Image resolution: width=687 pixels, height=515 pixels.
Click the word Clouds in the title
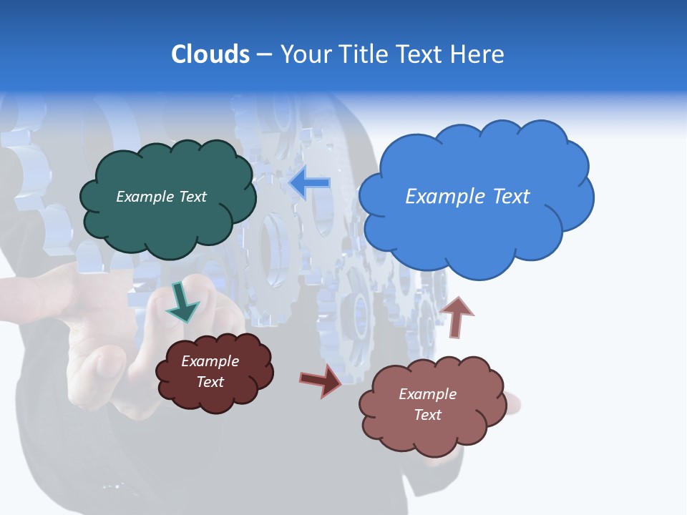pos(210,54)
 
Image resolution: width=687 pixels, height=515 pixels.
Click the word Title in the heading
pos(361,54)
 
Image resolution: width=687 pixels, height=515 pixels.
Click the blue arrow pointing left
pos(309,183)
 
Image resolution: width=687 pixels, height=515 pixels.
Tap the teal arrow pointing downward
pos(182,301)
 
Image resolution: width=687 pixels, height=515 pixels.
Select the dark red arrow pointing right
pos(320,380)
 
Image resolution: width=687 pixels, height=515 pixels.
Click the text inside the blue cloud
pos(467,197)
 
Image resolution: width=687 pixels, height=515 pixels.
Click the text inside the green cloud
pos(161,197)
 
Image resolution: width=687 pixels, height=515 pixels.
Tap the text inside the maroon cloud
pos(210,372)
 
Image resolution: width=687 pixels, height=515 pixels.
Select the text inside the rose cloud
pos(427,404)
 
